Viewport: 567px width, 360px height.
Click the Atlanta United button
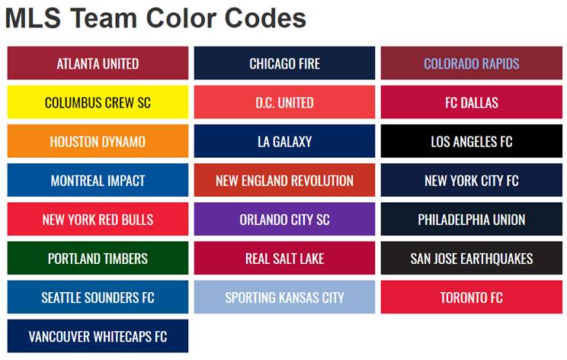tap(98, 63)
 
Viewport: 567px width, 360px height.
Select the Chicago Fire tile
tap(284, 63)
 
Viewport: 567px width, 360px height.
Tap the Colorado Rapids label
tap(472, 63)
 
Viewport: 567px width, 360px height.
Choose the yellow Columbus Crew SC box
tap(98, 102)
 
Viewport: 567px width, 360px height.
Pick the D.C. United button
tap(284, 102)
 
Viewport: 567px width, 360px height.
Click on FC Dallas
tap(472, 102)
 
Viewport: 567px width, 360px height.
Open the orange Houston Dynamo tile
tap(98, 141)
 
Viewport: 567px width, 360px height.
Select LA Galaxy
tap(284, 141)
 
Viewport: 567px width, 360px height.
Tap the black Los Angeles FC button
tap(472, 141)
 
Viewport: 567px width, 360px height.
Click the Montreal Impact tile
tap(98, 180)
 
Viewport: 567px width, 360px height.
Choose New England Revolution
tap(284, 180)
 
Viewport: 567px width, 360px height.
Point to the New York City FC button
tap(472, 180)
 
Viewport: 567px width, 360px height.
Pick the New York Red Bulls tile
tap(98, 219)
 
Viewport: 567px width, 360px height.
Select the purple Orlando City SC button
tap(284, 219)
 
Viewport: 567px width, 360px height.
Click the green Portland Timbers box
tap(98, 258)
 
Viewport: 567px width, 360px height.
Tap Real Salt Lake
tap(284, 258)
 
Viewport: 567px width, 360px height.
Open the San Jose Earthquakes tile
tap(472, 258)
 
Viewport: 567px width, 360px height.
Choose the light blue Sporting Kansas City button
tap(284, 297)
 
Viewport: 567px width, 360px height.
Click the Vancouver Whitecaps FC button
tap(98, 336)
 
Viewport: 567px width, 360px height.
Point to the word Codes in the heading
tap(265, 18)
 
